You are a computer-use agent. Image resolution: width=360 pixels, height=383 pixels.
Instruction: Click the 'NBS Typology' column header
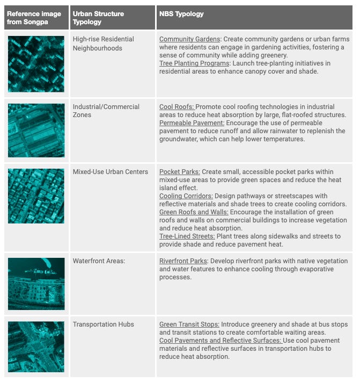click(x=181, y=14)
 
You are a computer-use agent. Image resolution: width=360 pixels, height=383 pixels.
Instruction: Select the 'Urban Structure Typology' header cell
click(x=98, y=18)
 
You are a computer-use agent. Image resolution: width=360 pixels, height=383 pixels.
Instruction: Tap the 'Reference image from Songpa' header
click(x=34, y=18)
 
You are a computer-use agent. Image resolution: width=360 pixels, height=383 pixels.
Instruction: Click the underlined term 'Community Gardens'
click(x=189, y=39)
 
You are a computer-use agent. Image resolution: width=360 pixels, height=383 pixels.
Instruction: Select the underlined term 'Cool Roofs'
click(x=177, y=107)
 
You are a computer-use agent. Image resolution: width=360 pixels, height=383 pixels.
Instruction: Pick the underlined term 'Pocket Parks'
click(x=179, y=172)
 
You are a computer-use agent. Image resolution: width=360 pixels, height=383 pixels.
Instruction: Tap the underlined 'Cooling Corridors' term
click(x=186, y=196)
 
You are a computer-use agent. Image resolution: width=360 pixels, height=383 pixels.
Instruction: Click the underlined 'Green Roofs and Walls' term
click(x=193, y=212)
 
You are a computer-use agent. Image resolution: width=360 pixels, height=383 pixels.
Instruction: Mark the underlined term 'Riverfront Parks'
click(x=184, y=261)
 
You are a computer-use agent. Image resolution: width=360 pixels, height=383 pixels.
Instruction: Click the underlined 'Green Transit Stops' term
click(x=189, y=324)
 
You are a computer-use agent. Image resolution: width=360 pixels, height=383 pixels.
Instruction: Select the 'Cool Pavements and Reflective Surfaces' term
click(x=220, y=341)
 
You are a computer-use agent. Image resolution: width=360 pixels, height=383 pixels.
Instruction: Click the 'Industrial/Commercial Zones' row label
click(x=106, y=111)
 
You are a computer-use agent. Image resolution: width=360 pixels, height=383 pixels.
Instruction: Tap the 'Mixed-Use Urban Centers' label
click(x=110, y=172)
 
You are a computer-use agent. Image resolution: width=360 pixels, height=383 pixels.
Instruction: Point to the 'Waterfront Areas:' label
click(x=99, y=261)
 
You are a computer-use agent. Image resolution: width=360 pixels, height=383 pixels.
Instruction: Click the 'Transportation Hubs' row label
click(x=103, y=324)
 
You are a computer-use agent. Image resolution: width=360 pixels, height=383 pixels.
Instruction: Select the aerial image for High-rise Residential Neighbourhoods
click(x=36, y=64)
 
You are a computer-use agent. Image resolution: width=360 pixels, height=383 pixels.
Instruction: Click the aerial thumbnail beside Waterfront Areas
click(x=36, y=284)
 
